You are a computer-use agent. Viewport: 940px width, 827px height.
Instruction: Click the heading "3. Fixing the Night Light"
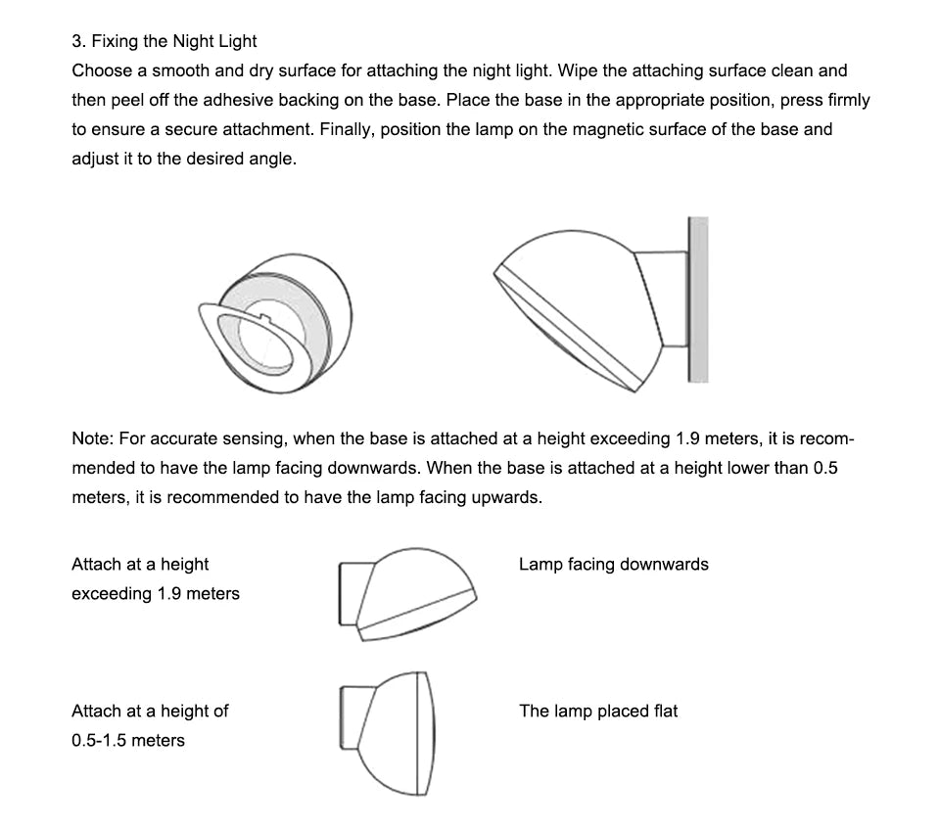[x=164, y=41]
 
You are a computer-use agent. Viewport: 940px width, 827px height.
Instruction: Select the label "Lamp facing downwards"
[x=613, y=564]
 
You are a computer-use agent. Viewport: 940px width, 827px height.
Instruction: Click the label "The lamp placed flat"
[x=598, y=711]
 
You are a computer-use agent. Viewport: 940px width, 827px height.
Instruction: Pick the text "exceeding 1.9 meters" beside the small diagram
[x=155, y=593]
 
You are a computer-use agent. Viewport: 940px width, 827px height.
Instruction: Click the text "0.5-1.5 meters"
[x=127, y=740]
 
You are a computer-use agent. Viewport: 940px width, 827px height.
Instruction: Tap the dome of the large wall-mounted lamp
[x=578, y=294]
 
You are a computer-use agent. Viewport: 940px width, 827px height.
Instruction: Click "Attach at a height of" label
[x=149, y=711]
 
